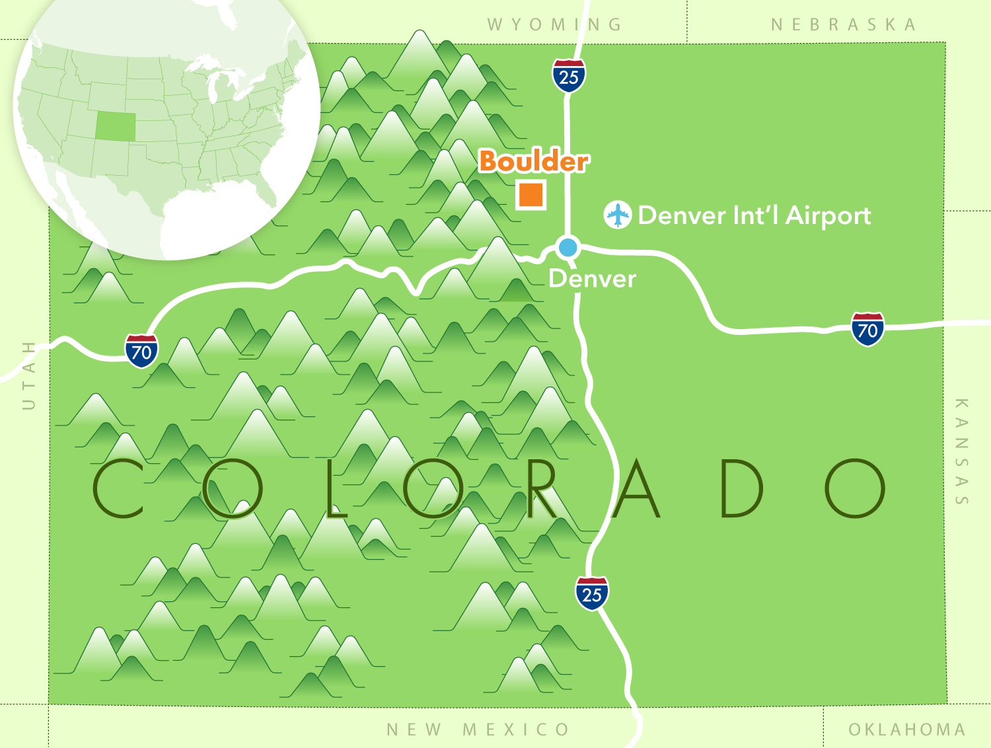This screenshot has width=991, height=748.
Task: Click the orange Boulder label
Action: [x=533, y=161]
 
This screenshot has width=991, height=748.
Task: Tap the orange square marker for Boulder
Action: [x=531, y=194]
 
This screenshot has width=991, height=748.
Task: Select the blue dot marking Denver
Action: [x=568, y=248]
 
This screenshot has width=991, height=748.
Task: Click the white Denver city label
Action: [x=592, y=279]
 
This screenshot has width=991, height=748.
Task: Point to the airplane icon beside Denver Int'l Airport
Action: [x=618, y=215]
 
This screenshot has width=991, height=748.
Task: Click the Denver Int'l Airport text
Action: [x=754, y=215]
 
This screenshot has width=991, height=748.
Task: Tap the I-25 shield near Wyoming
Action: [x=569, y=76]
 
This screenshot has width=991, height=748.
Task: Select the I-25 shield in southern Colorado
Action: [x=592, y=593]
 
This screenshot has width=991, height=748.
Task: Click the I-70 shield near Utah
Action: [x=141, y=351]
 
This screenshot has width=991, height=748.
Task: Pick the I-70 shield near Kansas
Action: [x=867, y=329]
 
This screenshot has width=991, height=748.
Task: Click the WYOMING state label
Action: [x=555, y=25]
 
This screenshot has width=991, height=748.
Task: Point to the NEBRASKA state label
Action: [x=844, y=25]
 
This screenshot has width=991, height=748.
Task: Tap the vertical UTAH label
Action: [x=28, y=375]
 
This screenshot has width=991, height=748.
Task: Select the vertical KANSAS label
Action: [x=962, y=451]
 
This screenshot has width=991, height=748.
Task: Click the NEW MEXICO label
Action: [x=478, y=729]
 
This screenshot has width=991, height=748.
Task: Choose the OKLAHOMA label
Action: [x=907, y=729]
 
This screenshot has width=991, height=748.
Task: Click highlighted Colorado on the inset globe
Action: [x=116, y=126]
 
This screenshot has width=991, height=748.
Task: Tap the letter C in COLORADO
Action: [x=118, y=488]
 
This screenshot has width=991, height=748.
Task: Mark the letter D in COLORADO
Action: [x=741, y=488]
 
